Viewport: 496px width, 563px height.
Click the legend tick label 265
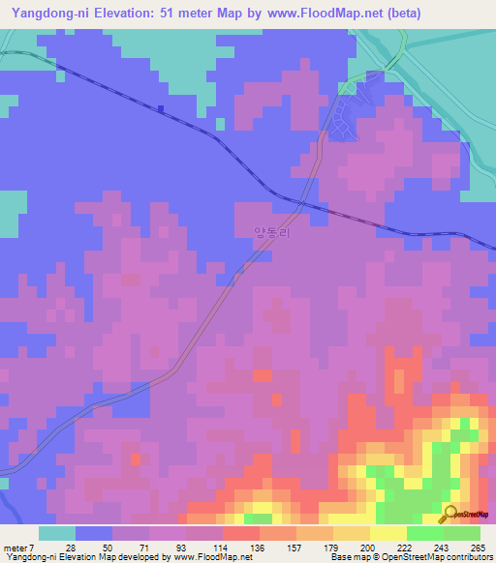click(x=475, y=548)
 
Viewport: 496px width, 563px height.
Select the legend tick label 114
click(x=220, y=548)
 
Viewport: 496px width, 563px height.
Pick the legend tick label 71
click(x=146, y=548)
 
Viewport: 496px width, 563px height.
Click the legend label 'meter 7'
click(x=19, y=548)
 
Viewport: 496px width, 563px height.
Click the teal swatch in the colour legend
click(x=57, y=533)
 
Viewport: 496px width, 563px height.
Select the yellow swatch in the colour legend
click(x=387, y=533)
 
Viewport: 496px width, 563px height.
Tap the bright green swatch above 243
click(x=424, y=533)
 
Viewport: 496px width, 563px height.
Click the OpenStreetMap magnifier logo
click(x=451, y=514)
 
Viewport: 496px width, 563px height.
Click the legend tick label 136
click(x=257, y=548)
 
